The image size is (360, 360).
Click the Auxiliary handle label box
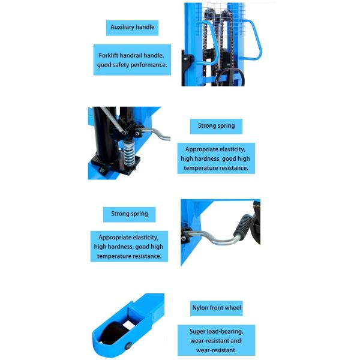[x=133, y=27]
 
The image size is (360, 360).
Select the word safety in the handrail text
[x=128, y=64]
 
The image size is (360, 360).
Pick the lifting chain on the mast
[x=206, y=48]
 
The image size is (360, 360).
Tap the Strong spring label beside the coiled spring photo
[x=216, y=126]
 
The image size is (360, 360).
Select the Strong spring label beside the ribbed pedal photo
[x=130, y=214]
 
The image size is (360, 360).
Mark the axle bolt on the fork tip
[x=130, y=344]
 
